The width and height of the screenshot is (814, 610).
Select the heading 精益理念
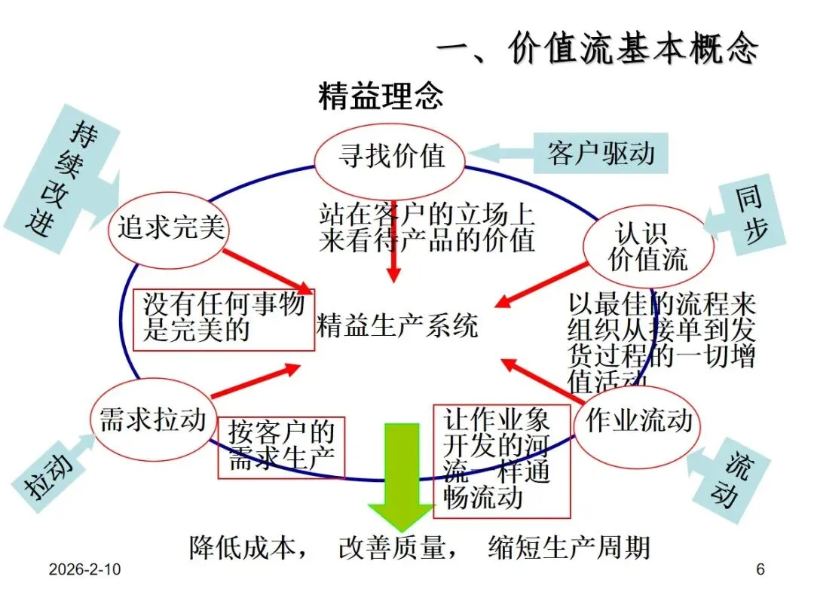[381, 97]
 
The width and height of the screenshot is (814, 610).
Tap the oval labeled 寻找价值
[390, 157]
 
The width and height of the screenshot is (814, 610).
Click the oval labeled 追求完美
[170, 227]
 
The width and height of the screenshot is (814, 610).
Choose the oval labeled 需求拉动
[153, 419]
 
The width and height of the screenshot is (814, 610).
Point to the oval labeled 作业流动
[638, 421]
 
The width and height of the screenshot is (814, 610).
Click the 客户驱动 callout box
[601, 154]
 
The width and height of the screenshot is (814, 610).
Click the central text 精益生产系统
[397, 326]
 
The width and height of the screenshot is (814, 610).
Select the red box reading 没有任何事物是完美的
[224, 319]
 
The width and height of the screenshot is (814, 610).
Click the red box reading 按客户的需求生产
[281, 447]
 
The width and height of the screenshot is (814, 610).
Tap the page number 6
[760, 570]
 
